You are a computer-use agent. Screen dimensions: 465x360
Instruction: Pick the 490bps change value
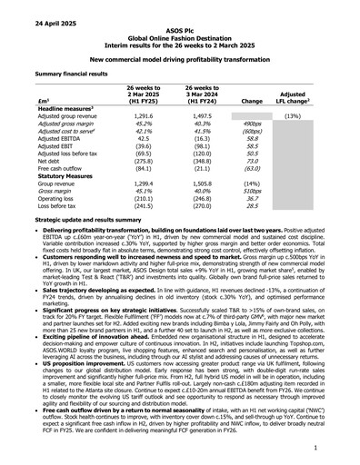[253, 125]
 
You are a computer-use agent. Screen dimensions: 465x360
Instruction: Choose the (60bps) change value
[253, 133]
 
